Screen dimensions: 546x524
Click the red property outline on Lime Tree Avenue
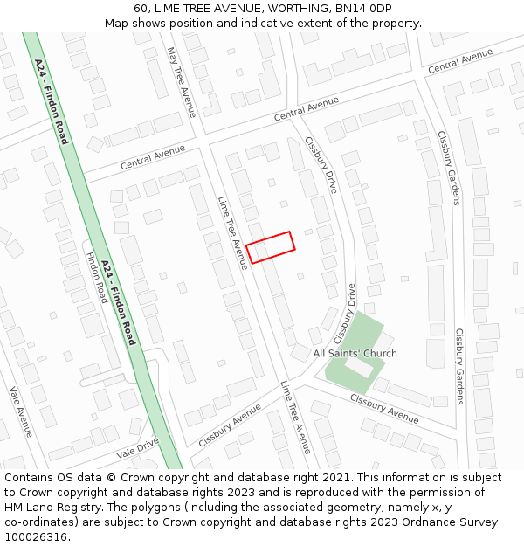[270, 247]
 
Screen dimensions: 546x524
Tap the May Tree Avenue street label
[183, 82]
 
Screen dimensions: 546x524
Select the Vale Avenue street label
[21, 412]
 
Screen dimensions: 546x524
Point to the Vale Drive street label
[138, 449]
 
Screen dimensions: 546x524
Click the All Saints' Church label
[355, 353]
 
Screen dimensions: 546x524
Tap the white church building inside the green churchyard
[359, 368]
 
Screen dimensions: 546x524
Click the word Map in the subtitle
[116, 24]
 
